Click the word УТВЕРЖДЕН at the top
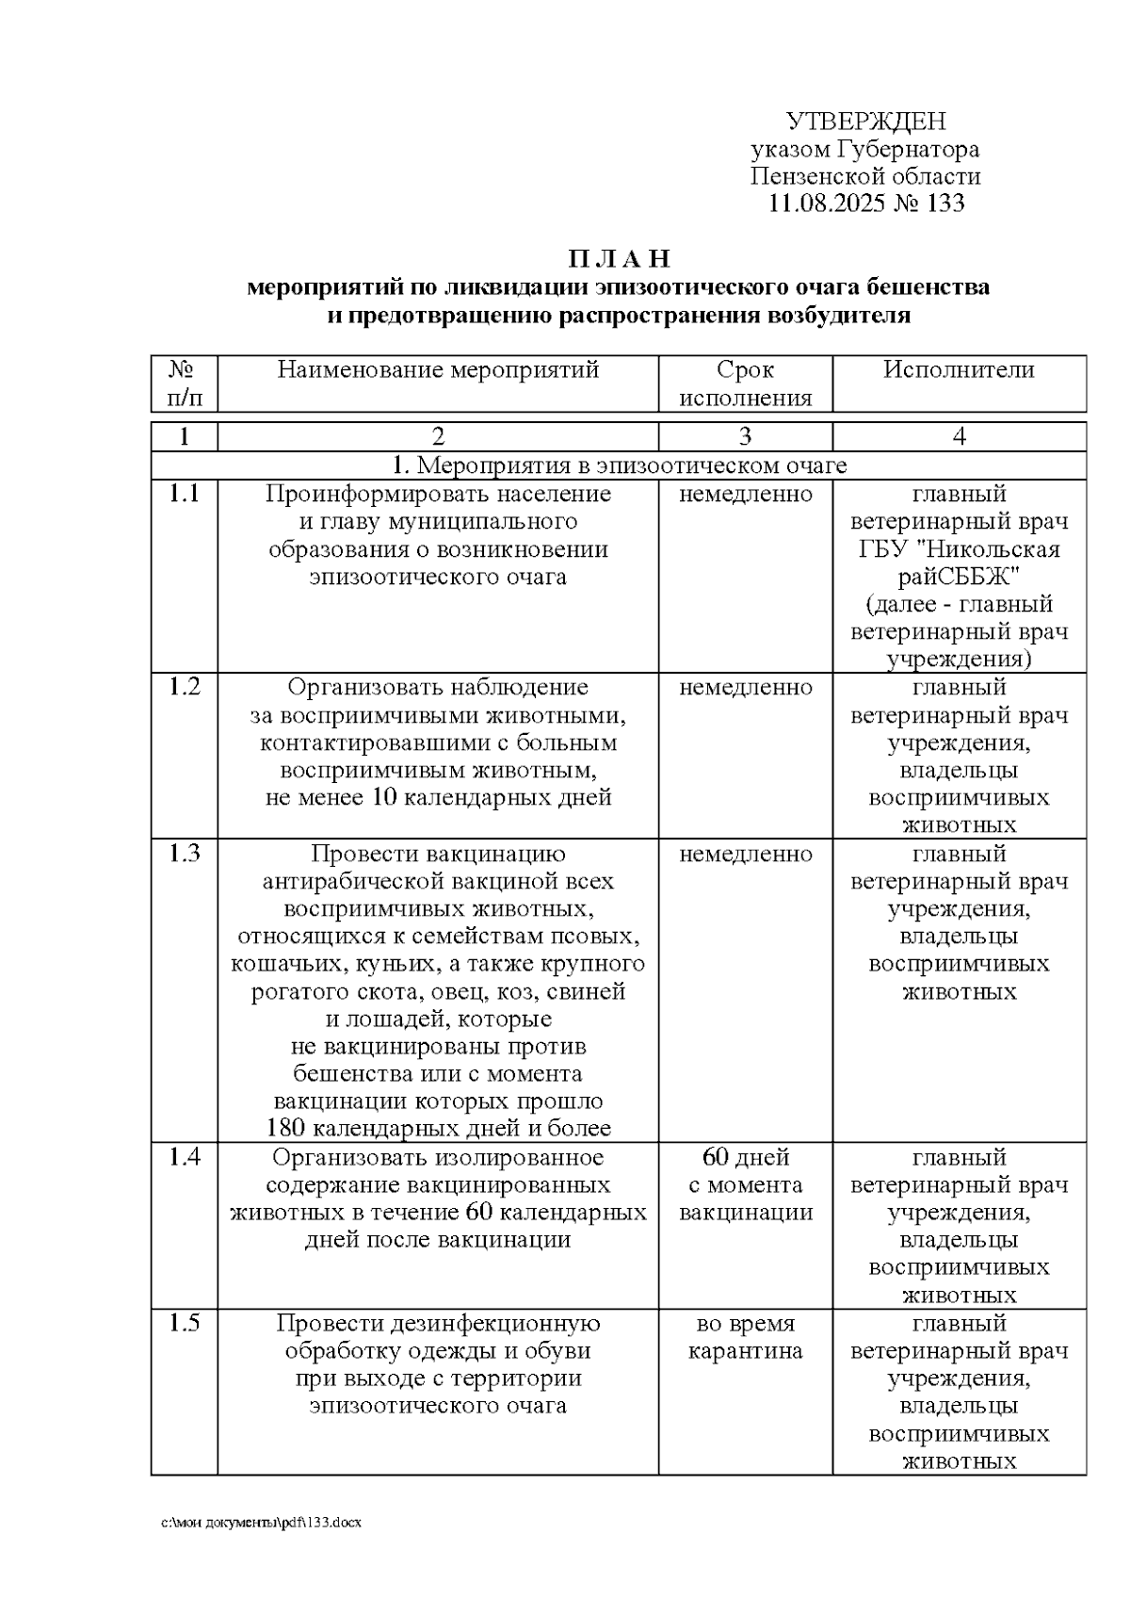pos(865,122)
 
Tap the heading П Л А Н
pos(619,259)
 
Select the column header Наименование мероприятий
pos(438,370)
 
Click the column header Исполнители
pos(959,370)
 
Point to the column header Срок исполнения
pos(745,383)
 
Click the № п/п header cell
pos(184,383)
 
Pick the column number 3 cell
pos(745,436)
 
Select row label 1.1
pos(184,494)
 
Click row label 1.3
pos(184,854)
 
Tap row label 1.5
pos(184,1323)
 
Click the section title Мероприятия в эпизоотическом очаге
pos(619,465)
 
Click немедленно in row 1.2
pos(745,688)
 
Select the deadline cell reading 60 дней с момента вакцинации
pos(745,1184)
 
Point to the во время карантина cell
pos(745,1337)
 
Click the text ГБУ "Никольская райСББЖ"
pos(959,563)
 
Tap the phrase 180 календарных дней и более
pos(438,1128)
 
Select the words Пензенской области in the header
pos(865,176)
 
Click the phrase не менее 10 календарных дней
pos(438,798)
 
